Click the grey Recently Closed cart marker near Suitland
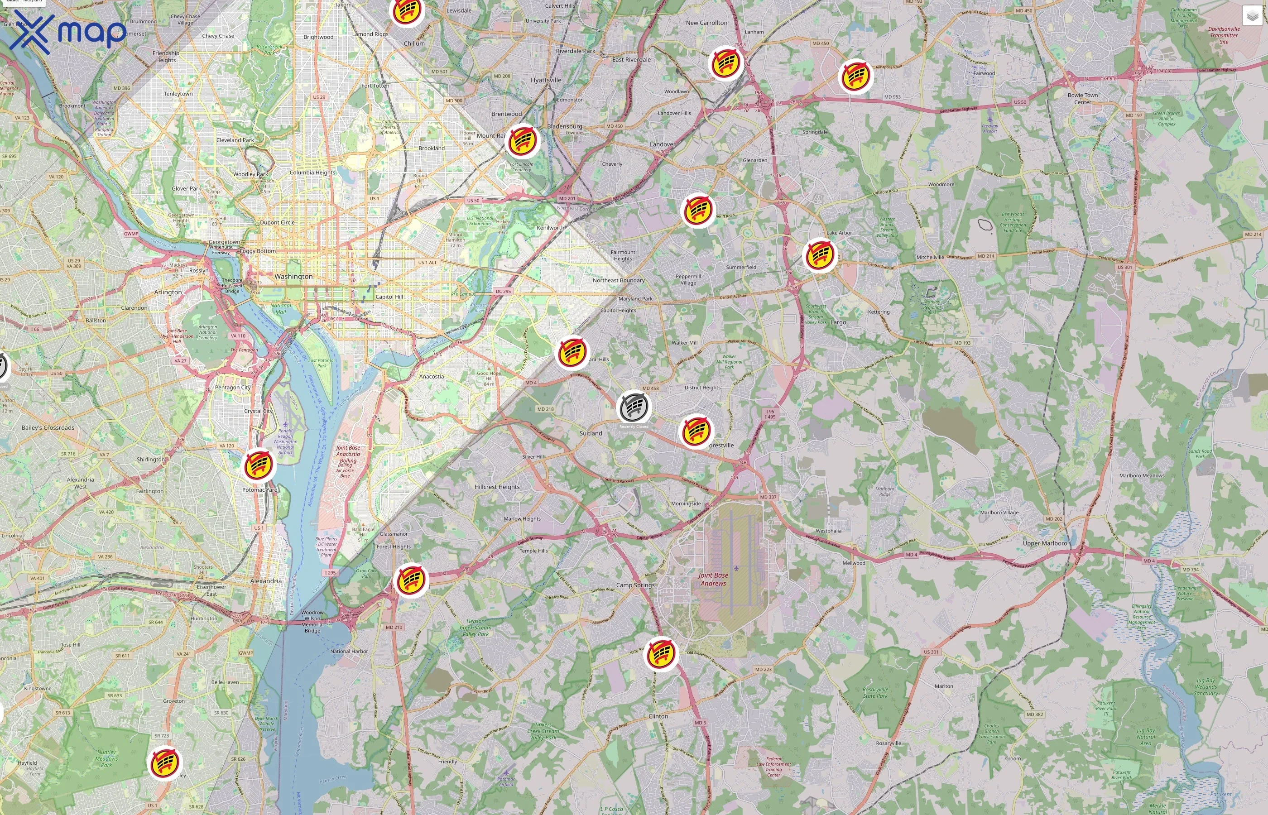click(634, 407)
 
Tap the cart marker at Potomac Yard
click(258, 465)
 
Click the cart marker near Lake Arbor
click(820, 255)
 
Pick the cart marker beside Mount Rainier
click(522, 141)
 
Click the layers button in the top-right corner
click(1252, 16)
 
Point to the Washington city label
click(293, 276)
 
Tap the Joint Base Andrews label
click(713, 579)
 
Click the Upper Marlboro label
click(1045, 543)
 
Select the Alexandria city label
click(266, 580)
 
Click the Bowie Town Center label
click(1082, 98)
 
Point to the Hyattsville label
click(546, 80)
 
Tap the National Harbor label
click(349, 652)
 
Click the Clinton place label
click(658, 716)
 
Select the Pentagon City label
click(232, 388)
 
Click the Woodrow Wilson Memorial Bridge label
click(312, 621)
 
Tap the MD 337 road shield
click(768, 497)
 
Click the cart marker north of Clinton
click(660, 654)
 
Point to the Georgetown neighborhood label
click(224, 242)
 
